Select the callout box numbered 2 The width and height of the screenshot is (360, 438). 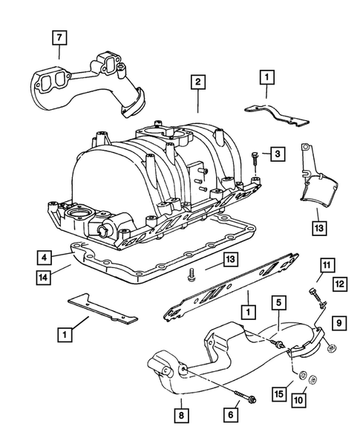(x=197, y=83)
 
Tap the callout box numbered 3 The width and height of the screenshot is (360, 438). (x=276, y=154)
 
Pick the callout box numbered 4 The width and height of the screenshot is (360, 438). (x=46, y=258)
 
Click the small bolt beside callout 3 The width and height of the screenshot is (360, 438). (x=255, y=157)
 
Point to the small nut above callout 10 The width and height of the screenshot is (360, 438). (x=312, y=382)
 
